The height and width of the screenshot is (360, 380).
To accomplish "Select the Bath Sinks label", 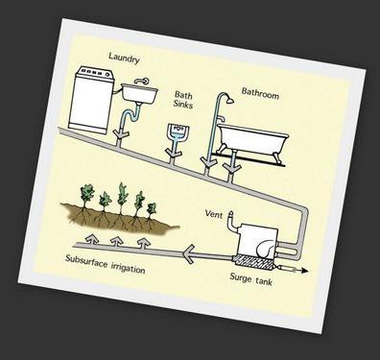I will tap(184, 100).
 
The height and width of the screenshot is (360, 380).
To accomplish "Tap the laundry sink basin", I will tap(139, 92).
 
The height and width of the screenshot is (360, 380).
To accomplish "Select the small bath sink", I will tap(177, 131).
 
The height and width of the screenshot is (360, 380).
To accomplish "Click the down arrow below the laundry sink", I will tap(123, 127).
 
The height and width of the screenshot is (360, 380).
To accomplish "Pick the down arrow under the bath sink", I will tap(175, 150).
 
